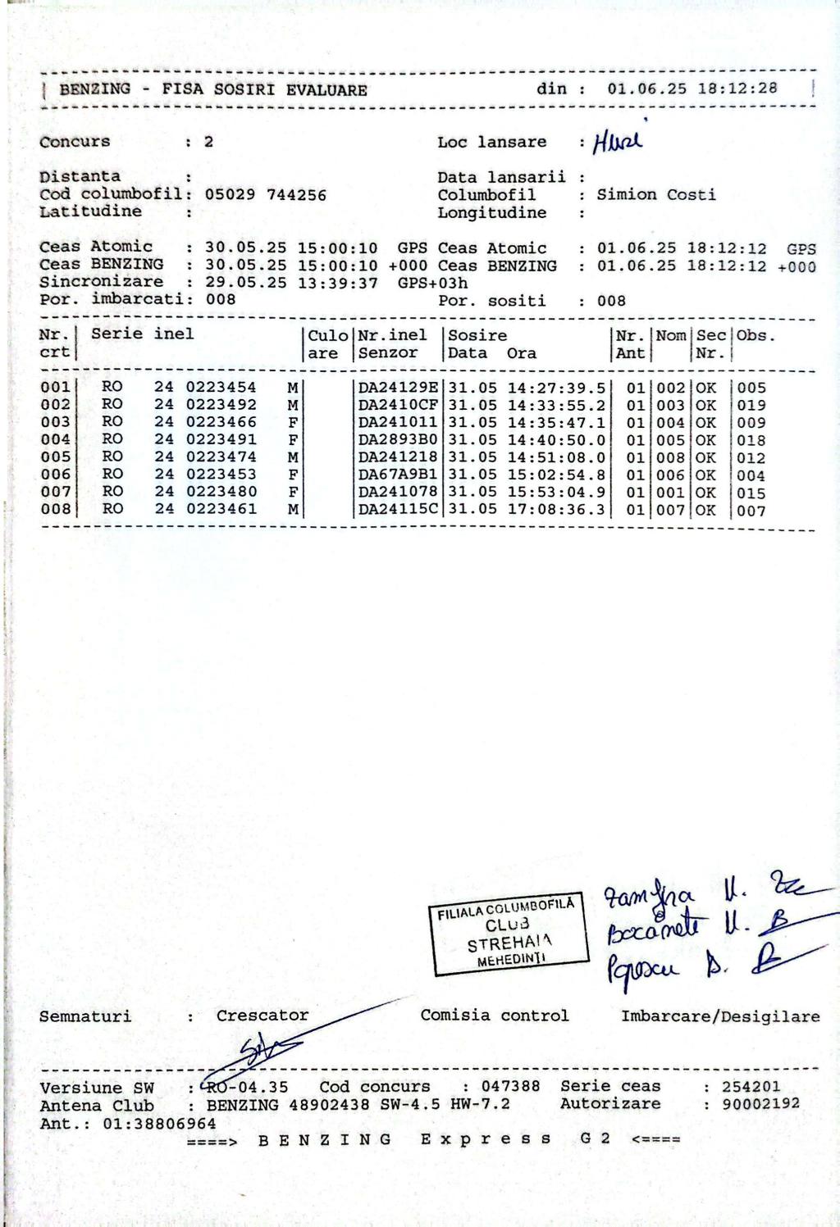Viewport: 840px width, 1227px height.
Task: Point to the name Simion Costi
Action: [x=655, y=194]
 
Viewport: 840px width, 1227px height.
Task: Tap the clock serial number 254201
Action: [x=751, y=1086]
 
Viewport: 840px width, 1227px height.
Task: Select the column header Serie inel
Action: [x=142, y=334]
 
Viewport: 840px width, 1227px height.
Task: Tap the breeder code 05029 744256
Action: [x=265, y=195]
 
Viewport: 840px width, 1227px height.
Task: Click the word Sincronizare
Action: [x=101, y=282]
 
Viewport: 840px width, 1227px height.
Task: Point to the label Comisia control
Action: [x=494, y=1016]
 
